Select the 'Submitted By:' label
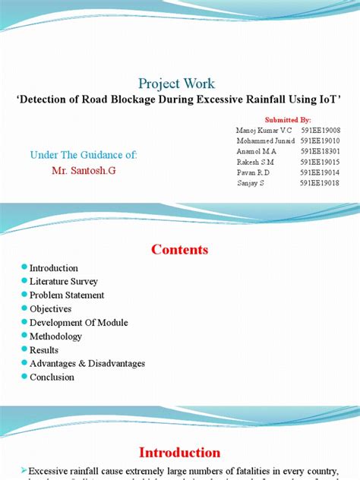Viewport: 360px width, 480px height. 288,119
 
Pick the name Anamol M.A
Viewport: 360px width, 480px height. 257,151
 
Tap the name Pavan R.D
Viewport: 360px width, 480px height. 254,172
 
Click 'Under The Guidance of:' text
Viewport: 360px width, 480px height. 84,155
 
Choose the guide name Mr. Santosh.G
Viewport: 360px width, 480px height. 84,170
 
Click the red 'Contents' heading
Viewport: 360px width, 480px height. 179,249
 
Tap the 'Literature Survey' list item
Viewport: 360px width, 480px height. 64,282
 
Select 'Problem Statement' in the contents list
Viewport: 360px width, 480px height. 67,295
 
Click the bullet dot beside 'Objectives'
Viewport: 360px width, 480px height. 24,309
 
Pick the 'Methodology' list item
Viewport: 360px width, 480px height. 55,336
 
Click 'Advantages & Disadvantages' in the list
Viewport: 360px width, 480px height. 87,364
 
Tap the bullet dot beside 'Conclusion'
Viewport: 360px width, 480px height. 24,377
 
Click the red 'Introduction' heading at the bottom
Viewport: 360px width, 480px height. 179,453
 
